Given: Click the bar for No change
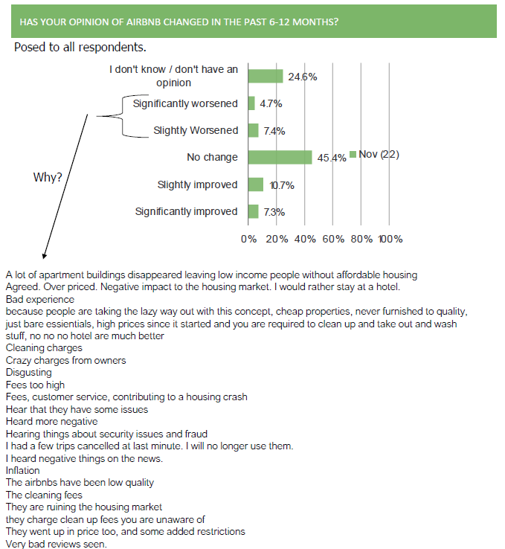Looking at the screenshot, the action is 280,157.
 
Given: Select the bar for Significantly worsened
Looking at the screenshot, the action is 251,103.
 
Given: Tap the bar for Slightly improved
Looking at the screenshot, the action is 256,184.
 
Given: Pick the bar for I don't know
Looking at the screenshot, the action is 266,77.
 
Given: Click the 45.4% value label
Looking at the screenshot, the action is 332,158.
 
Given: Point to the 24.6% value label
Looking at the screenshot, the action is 303,77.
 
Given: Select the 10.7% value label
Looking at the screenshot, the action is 282,185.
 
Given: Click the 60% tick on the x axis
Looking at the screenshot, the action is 333,239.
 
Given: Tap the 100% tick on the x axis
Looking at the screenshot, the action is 390,239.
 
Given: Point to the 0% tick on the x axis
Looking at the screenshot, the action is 248,239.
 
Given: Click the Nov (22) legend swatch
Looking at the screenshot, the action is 353,154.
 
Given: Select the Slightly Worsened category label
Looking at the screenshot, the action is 196,130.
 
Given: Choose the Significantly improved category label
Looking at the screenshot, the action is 186,211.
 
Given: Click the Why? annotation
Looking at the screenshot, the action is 48,177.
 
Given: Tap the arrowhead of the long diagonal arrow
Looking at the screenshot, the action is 44,257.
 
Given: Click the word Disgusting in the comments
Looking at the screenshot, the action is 29,373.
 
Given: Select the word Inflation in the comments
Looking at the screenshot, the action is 23,470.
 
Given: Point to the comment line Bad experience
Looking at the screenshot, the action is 40,299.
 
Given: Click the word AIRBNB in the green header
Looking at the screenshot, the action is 144,22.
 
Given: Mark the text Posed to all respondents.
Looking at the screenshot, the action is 80,48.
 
